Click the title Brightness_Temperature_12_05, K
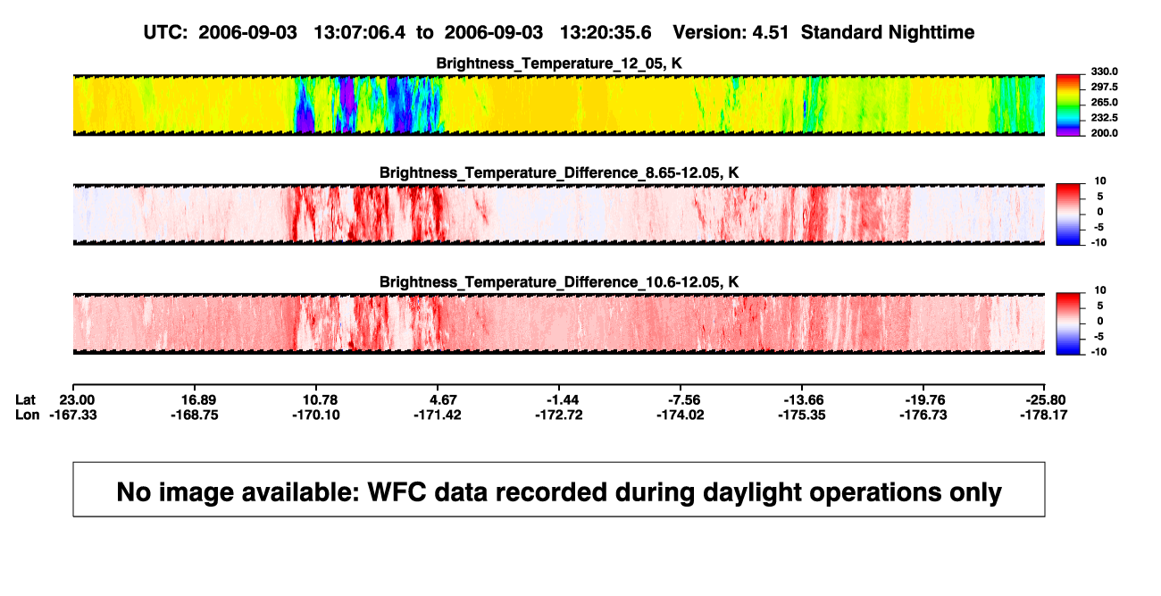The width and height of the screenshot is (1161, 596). (x=559, y=63)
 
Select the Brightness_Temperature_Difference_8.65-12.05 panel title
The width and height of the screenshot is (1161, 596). (x=559, y=172)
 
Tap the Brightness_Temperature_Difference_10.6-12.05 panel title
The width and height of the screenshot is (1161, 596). (x=559, y=282)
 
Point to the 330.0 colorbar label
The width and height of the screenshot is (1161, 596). (x=1104, y=71)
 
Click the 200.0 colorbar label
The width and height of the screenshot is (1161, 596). (x=1104, y=133)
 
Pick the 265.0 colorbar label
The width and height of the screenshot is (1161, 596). (x=1104, y=102)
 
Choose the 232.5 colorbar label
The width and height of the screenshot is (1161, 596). (x=1104, y=118)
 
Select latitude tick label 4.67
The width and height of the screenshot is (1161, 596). (x=443, y=400)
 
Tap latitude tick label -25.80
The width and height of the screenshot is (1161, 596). (x=1046, y=400)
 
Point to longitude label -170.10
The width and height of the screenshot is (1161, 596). (x=316, y=415)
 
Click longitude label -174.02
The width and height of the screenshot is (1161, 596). (x=681, y=415)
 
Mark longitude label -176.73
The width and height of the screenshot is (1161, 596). (x=923, y=415)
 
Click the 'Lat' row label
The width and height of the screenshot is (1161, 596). (x=25, y=400)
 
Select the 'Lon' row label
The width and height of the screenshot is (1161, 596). (x=28, y=415)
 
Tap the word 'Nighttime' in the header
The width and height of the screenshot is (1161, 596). (x=931, y=33)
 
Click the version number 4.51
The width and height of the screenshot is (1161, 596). (x=770, y=33)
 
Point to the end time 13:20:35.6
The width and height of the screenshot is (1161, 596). (x=606, y=33)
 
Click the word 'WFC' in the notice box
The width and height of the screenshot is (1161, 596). (x=397, y=492)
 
